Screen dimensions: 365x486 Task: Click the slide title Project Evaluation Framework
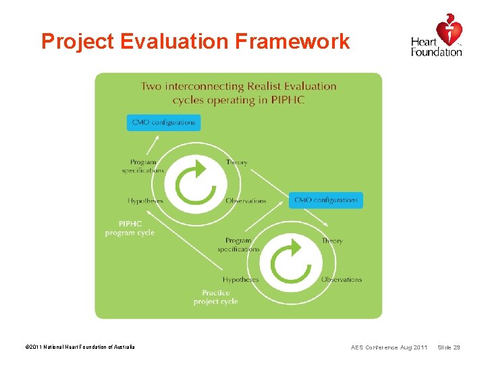(195, 42)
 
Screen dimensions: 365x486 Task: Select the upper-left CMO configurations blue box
(163, 122)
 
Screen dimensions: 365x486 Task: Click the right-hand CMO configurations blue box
(327, 200)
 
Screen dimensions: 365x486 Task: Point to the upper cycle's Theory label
(237, 162)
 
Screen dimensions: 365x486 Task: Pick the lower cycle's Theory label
(332, 241)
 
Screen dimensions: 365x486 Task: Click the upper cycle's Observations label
(246, 201)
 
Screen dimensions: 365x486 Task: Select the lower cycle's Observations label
(342, 279)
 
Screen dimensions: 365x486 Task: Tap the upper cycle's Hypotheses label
(145, 201)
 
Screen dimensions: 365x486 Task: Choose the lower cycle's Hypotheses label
(241, 279)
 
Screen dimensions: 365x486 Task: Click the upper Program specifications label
(143, 166)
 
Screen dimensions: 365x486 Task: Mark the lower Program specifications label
(238, 245)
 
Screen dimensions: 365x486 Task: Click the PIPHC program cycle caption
(130, 228)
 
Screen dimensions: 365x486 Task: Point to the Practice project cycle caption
(215, 297)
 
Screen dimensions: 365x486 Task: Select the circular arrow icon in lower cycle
(290, 261)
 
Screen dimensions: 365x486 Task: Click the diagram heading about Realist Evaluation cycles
(238, 93)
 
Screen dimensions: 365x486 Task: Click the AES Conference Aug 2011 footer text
(389, 347)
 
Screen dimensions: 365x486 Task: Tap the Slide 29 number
(449, 347)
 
